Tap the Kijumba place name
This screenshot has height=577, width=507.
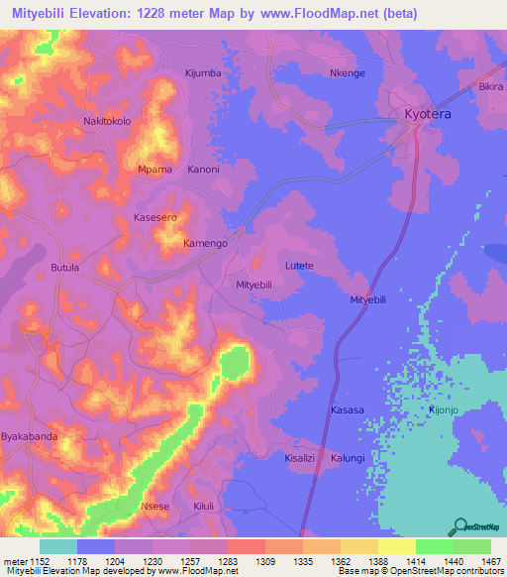205,72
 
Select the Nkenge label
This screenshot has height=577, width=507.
348,73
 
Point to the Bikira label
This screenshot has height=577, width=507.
490,87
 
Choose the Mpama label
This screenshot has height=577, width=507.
153,169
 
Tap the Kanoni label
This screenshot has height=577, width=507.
202,169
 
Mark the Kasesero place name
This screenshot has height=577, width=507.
154,216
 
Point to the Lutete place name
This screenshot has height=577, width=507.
299,266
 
